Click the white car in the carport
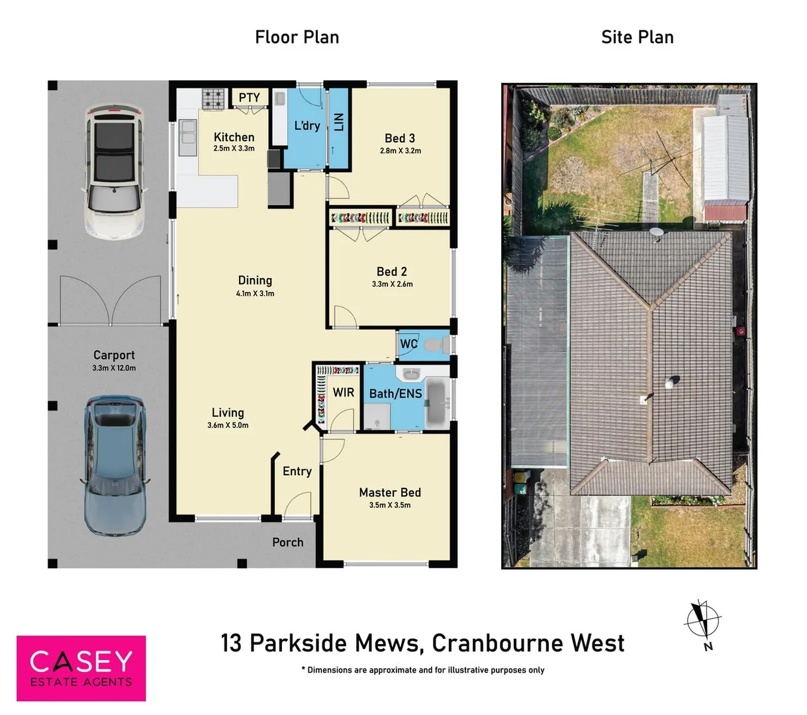pyautogui.click(x=115, y=171)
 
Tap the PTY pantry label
pyautogui.click(x=249, y=98)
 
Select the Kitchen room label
pyautogui.click(x=234, y=137)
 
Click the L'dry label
pyautogui.click(x=307, y=126)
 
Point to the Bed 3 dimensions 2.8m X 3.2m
pyautogui.click(x=400, y=151)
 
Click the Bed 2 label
pyautogui.click(x=391, y=271)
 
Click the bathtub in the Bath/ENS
pyautogui.click(x=436, y=401)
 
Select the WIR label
pyautogui.click(x=343, y=393)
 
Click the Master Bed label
pyautogui.click(x=389, y=493)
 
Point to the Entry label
pyautogui.click(x=297, y=471)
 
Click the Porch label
pyautogui.click(x=287, y=542)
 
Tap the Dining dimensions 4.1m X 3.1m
pyautogui.click(x=255, y=293)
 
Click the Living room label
pyautogui.click(x=228, y=412)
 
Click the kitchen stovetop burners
pyautogui.click(x=213, y=99)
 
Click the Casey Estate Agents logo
pyautogui.click(x=81, y=668)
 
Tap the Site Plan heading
pyautogui.click(x=637, y=37)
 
